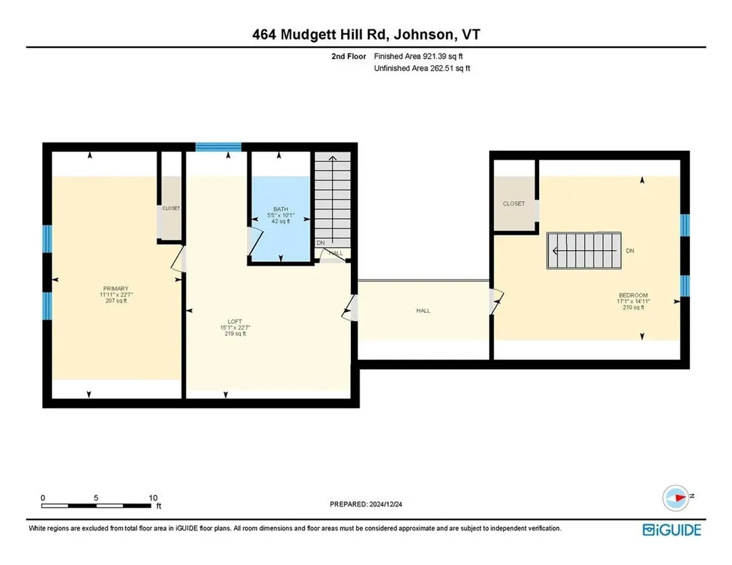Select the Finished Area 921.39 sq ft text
pyautogui.click(x=421, y=56)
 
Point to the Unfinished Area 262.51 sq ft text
pyautogui.click(x=421, y=69)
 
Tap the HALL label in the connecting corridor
pyautogui.click(x=423, y=310)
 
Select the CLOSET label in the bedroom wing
pyautogui.click(x=513, y=204)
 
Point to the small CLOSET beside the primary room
pyautogui.click(x=171, y=208)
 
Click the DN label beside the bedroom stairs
pyautogui.click(x=630, y=252)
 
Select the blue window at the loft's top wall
pyautogui.click(x=219, y=147)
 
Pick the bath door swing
pyautogui.click(x=252, y=241)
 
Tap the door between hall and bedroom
pyautogui.click(x=495, y=302)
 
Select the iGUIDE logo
pyautogui.click(x=671, y=530)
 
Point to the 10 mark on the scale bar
pyautogui.click(x=153, y=498)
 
